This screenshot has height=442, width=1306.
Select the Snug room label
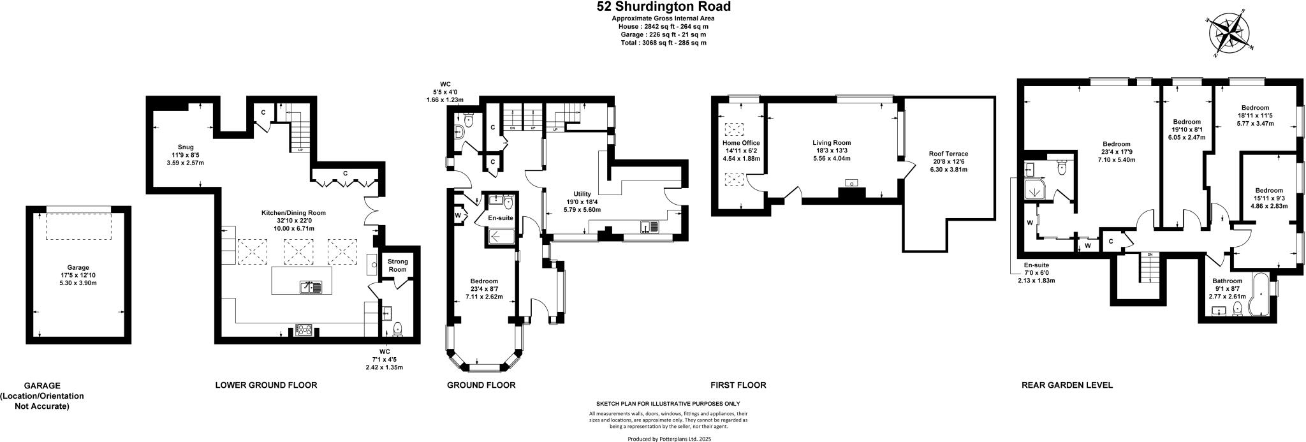coord(186,147)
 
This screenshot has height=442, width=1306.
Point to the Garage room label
coord(78,267)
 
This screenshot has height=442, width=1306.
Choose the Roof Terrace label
coord(948,154)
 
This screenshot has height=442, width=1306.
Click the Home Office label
coord(740,143)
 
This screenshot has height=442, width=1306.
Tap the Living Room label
coord(832,143)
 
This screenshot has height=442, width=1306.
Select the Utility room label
coord(582,194)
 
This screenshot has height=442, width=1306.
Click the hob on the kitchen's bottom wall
coord(303,330)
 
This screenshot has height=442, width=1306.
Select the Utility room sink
coord(650,226)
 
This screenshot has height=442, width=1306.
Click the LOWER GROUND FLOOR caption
coord(266,385)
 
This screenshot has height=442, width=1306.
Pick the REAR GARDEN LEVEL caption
coord(1066,385)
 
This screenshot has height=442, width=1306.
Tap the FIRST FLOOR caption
coord(738,385)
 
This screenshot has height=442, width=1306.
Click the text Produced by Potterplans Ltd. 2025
coord(668,439)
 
